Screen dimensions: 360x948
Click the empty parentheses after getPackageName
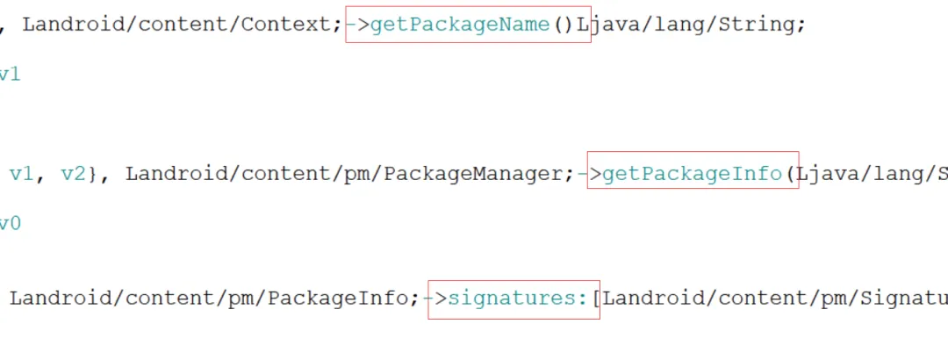pyautogui.click(x=564, y=25)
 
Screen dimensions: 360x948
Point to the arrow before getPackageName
pyautogui.click(x=358, y=25)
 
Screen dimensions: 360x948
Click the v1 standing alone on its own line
pyautogui.click(x=9, y=75)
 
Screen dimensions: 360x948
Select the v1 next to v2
pyautogui.click(x=20, y=174)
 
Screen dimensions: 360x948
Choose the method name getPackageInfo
pyautogui.click(x=693, y=174)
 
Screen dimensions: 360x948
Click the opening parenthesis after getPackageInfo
pyautogui.click(x=791, y=174)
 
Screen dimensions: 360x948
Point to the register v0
pyautogui.click(x=9, y=224)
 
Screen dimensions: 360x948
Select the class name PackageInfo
pyautogui.click(x=339, y=299)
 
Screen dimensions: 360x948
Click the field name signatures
pyautogui.click(x=511, y=299)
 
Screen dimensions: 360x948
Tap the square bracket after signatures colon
pyautogui.click(x=596, y=299)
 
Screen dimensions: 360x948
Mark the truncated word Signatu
pyautogui.click(x=904, y=299)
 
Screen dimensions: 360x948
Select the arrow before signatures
pyautogui.click(x=435, y=299)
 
